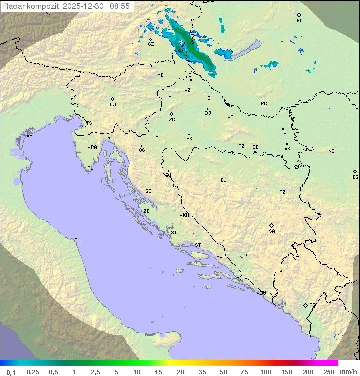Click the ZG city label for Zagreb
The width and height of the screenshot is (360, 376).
172,120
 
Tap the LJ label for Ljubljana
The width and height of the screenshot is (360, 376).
113,105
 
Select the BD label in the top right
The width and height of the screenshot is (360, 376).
299,21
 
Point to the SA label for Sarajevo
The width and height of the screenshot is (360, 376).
272,231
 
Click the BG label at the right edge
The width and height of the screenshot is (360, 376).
355,177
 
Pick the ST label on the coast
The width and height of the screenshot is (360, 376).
198,245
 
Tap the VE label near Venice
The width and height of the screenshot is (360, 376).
29,136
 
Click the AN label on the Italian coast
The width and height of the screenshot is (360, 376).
77,240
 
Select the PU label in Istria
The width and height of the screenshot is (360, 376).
90,168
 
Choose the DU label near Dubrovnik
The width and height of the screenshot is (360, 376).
262,293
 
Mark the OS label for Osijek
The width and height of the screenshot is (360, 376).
283,134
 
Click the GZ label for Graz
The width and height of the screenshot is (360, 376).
151,44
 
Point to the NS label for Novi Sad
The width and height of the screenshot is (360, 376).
331,151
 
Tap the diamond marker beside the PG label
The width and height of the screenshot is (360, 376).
305,305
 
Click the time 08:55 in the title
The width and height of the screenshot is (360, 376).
120,6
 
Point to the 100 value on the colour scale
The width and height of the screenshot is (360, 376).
265,372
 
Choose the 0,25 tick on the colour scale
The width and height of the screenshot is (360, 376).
33,372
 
